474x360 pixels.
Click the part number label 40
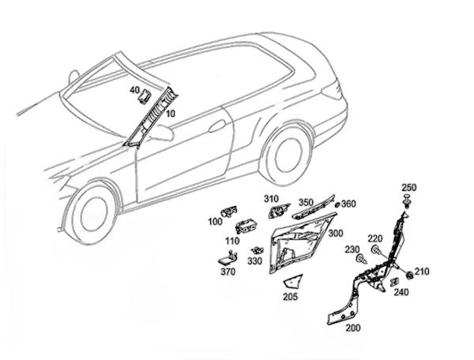[134, 90]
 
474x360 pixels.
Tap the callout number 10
[171, 114]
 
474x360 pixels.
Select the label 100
[214, 222]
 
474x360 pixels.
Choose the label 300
[335, 234]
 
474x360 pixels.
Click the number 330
[254, 261]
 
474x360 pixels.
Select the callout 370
[228, 272]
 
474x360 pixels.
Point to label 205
[290, 297]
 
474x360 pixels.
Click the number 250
[408, 187]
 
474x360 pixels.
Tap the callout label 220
[374, 238]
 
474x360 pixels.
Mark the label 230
[351, 249]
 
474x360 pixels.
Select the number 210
[423, 272]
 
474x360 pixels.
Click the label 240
[401, 291]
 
